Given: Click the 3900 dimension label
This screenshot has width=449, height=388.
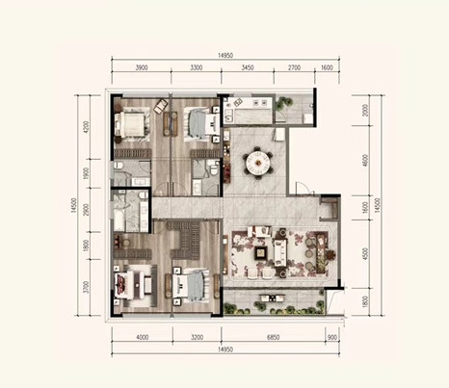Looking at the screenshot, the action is pyautogui.click(x=142, y=67).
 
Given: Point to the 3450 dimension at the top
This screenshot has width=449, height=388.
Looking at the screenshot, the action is pyautogui.click(x=248, y=67).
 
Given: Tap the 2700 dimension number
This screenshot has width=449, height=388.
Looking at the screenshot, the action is pyautogui.click(x=294, y=67).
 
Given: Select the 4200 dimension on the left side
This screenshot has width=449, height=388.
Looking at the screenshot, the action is pyautogui.click(x=86, y=127).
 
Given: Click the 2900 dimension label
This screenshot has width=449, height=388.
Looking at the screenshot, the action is pyautogui.click(x=86, y=210).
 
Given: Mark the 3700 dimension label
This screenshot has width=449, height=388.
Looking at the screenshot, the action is pyautogui.click(x=86, y=287).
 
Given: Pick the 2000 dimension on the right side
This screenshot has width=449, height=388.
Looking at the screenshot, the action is pyautogui.click(x=365, y=110).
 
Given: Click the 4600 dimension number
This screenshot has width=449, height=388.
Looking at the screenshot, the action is pyautogui.click(x=365, y=161).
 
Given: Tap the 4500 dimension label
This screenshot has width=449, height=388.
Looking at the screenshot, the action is pyautogui.click(x=365, y=253).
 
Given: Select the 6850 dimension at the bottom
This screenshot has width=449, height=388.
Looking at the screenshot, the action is pyautogui.click(x=274, y=337).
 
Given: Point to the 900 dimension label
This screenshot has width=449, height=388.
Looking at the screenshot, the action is pyautogui.click(x=332, y=337).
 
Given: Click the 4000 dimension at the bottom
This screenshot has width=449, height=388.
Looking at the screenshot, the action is pyautogui.click(x=143, y=337).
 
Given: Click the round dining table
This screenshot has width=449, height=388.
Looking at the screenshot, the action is pyautogui.click(x=258, y=165).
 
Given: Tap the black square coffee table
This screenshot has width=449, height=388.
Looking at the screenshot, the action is pyautogui.click(x=260, y=253).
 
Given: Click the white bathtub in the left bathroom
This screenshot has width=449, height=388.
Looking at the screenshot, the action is pyautogui.click(x=119, y=220).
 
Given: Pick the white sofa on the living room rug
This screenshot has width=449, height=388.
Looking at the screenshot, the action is pyautogui.click(x=280, y=252).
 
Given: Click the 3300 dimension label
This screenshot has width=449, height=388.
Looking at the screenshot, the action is pyautogui.click(x=197, y=67).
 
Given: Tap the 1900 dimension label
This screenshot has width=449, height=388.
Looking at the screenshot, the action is pyautogui.click(x=86, y=172).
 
